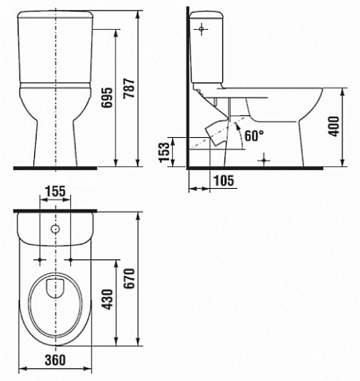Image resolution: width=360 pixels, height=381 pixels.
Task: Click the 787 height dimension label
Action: [x=130, y=88]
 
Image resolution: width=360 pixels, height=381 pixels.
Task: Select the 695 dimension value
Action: [x=107, y=98]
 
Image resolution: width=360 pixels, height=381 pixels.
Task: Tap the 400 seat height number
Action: [x=334, y=126]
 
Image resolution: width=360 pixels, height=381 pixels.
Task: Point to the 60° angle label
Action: [x=254, y=136]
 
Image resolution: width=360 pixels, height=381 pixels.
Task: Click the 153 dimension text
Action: [x=164, y=152]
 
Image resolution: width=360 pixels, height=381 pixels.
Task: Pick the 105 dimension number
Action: [x=224, y=181]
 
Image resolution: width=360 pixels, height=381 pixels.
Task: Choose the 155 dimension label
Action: [x=56, y=191]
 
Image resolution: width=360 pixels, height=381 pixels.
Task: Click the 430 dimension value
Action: [x=107, y=299]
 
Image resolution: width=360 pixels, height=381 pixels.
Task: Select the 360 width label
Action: [x=56, y=360]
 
